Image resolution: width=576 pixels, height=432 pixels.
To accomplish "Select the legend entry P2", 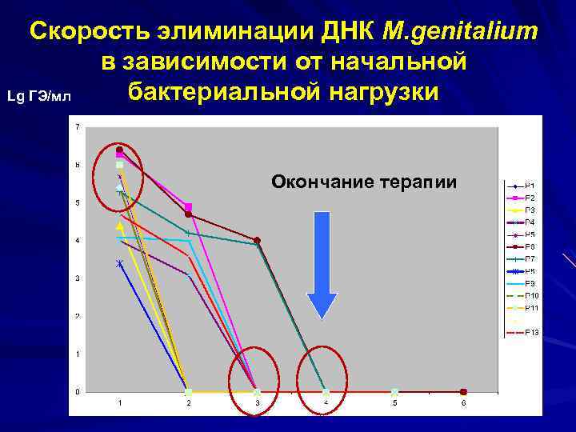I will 530,198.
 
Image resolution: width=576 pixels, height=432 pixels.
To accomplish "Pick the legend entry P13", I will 532,332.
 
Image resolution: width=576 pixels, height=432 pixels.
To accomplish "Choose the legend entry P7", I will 530,258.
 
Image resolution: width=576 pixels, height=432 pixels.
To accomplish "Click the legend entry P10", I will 532,295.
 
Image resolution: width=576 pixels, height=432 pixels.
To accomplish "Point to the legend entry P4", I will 530,222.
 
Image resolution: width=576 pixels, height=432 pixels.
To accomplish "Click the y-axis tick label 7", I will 77,127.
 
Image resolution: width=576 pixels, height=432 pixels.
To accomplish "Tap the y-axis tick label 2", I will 77,317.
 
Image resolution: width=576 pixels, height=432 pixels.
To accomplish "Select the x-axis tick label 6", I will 463,402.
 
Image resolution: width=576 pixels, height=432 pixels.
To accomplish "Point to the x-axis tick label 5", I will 394,402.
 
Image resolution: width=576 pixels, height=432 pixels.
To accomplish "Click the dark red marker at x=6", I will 463,392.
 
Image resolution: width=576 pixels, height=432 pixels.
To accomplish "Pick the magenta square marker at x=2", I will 188,206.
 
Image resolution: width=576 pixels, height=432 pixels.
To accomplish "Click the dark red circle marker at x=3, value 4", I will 257,240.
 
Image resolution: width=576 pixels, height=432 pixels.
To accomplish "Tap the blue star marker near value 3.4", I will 120,263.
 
